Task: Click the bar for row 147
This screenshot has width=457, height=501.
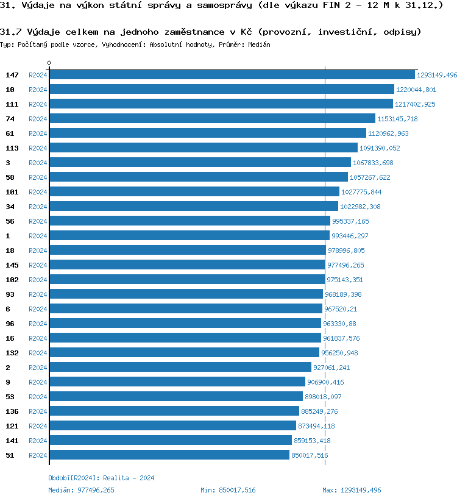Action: pyautogui.click(x=232, y=75)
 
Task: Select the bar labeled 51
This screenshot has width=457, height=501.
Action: pyautogui.click(x=169, y=455)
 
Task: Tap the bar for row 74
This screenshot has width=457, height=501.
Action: pyautogui.click(x=212, y=119)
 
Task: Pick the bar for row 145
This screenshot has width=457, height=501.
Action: pyautogui.click(x=187, y=265)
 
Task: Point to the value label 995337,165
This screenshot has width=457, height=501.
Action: pyautogui.click(x=350, y=221)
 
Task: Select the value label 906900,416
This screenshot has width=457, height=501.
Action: pyautogui.click(x=325, y=382)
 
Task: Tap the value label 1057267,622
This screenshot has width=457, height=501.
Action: pyautogui.click(x=370, y=177)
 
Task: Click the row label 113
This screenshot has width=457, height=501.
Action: pyautogui.click(x=12, y=148)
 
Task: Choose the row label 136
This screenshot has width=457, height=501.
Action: pyautogui.click(x=12, y=411)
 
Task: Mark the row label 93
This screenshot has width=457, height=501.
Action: pyautogui.click(x=10, y=294)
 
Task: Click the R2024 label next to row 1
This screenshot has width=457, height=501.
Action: pyautogui.click(x=38, y=236)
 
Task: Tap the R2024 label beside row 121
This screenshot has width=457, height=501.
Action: pyautogui.click(x=38, y=426)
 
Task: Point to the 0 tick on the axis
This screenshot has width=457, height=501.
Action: pyautogui.click(x=49, y=63)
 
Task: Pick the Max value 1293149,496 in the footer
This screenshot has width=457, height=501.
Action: pyautogui.click(x=360, y=490)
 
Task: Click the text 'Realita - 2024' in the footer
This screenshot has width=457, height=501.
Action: pyautogui.click(x=129, y=478)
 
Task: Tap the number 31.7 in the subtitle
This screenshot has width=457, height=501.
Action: pyautogui.click(x=11, y=32)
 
